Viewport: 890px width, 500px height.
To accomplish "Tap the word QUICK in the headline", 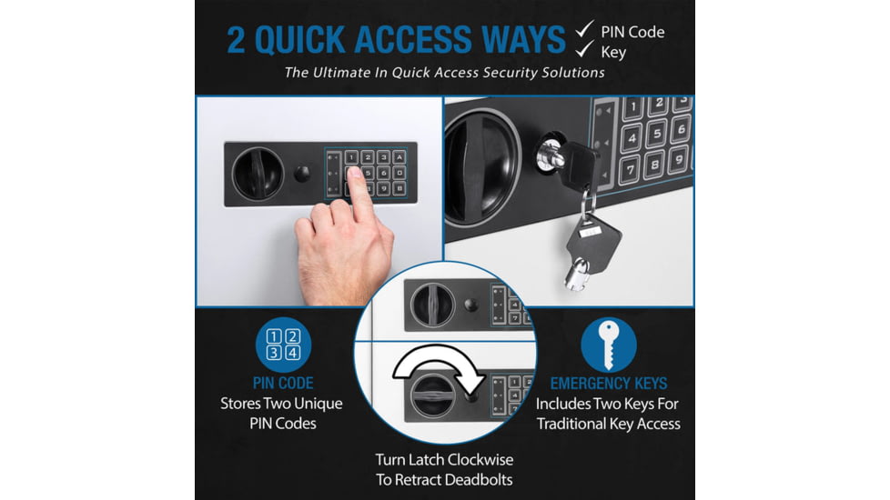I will [308, 39].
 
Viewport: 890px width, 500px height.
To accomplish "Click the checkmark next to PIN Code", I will [582, 32].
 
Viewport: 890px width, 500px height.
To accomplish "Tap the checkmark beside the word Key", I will [582, 52].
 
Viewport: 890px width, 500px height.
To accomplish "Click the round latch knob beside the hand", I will [258, 173].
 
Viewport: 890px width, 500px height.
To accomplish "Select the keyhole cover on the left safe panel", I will [302, 173].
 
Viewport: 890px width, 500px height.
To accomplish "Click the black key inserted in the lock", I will [575, 165].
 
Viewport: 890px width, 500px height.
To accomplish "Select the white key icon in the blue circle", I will [608, 345].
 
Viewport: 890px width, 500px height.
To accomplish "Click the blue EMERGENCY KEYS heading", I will [608, 384].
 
